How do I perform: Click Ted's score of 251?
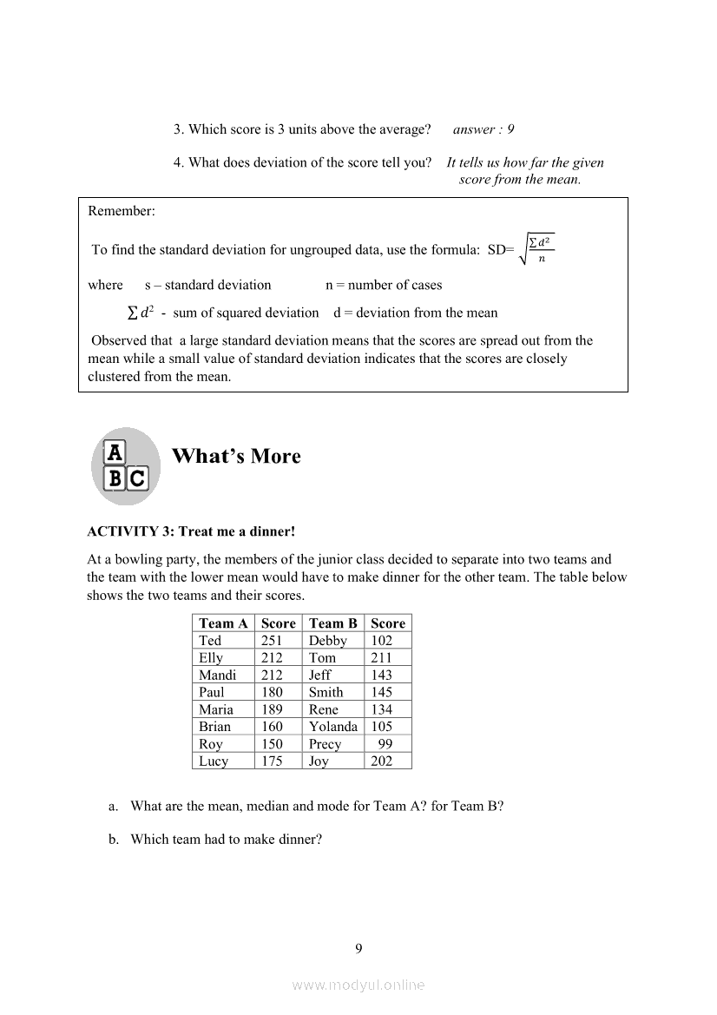272,641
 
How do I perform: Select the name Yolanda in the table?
332,727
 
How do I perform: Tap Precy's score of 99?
385,744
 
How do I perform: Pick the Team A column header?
223,623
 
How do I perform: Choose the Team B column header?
332,623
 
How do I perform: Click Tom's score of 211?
381,658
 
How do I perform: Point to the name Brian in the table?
215,727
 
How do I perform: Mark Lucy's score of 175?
272,761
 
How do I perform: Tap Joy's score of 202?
381,761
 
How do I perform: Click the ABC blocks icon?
126,466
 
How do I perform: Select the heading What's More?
236,457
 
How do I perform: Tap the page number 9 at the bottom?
358,948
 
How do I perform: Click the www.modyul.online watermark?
358,985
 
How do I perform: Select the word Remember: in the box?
122,211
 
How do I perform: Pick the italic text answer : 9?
483,129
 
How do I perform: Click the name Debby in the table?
327,641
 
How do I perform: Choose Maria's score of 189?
272,709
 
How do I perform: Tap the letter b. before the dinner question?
114,840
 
